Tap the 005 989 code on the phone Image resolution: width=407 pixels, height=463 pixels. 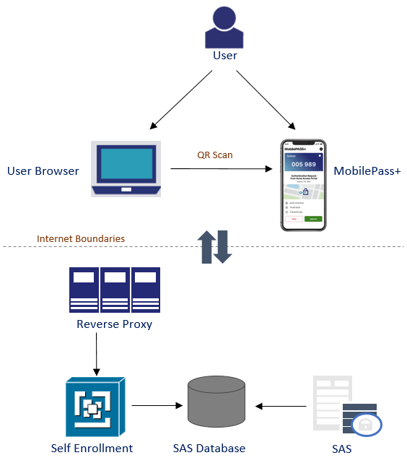pos(303,165)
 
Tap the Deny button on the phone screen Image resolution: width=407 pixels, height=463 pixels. pos(294,218)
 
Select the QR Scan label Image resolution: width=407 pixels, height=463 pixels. pos(215,155)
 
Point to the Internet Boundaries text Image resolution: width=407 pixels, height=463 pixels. pos(81,238)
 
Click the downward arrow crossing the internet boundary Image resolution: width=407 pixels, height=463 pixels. pos(222,246)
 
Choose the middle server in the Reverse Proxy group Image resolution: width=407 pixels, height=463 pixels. pos(115,290)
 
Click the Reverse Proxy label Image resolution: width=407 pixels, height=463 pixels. pos(114,324)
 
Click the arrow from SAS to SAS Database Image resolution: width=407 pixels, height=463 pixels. pos(284,406)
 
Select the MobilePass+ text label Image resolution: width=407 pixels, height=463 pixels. pos(367,171)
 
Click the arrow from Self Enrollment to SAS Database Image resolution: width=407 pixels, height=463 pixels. pos(156,406)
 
